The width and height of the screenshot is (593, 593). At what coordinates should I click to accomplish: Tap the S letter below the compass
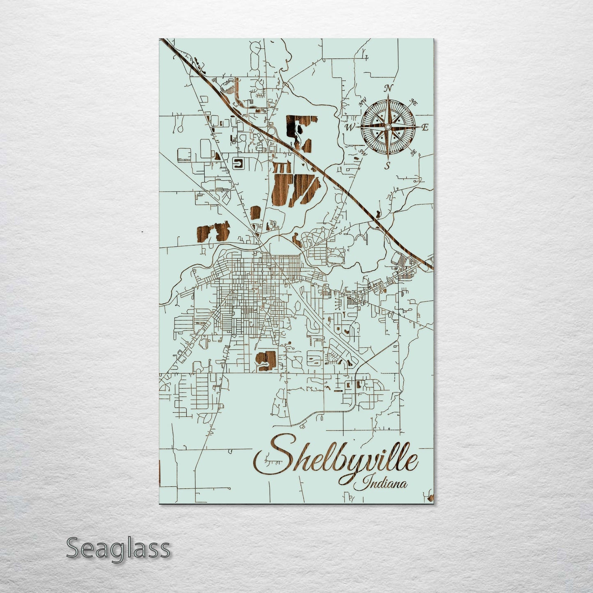[387, 166]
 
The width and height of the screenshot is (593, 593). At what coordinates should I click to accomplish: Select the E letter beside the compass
[425, 128]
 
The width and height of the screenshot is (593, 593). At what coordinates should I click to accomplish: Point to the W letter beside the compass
[350, 128]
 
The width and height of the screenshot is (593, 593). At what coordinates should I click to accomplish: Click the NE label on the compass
[414, 103]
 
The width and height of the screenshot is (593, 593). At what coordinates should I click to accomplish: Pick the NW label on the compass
[362, 103]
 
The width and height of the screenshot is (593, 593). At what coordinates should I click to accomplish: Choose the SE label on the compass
[413, 152]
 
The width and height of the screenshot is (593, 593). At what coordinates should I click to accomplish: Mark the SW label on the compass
[362, 152]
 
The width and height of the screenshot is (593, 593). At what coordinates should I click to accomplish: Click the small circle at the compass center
[387, 127]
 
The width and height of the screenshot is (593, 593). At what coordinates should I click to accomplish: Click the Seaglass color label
[118, 548]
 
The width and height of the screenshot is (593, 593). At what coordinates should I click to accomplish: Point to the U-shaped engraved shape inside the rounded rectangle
[238, 164]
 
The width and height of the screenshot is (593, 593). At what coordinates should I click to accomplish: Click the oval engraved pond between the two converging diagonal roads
[255, 213]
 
